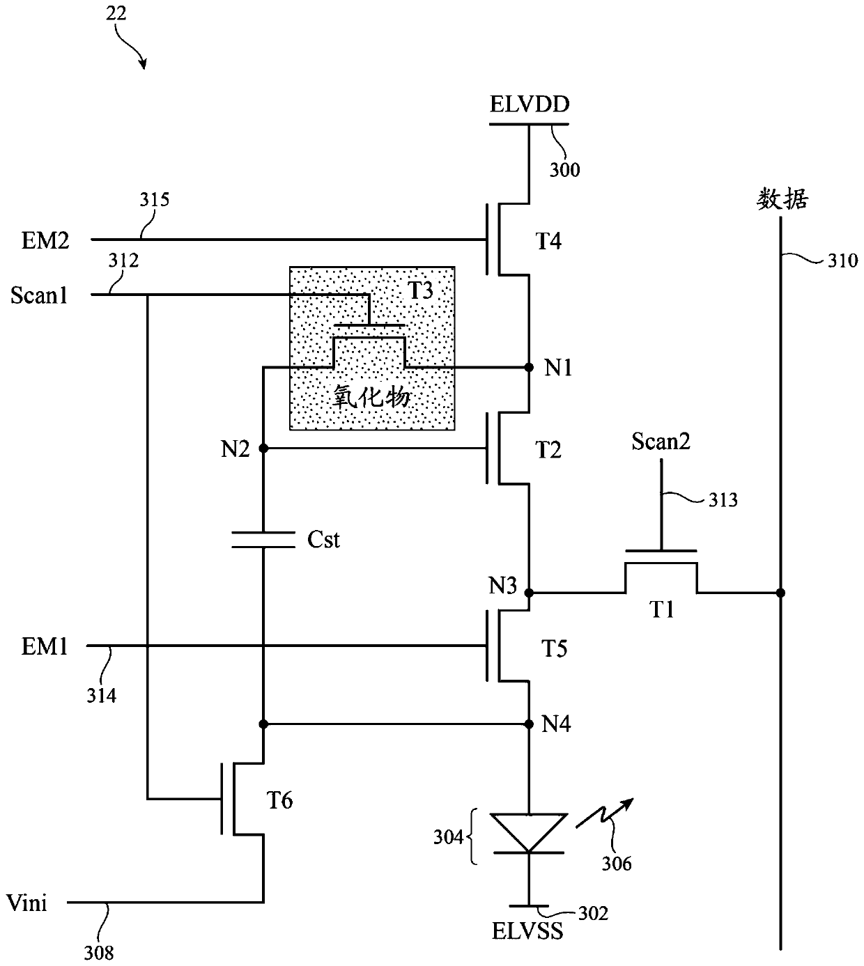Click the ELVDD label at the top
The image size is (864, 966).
point(530,104)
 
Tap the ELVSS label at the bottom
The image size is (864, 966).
point(527,930)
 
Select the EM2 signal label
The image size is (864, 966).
point(45,240)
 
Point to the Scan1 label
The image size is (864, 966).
point(39,295)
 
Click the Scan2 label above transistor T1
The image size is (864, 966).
point(661,441)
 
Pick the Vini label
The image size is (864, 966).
point(26,903)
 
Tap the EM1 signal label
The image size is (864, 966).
point(45,647)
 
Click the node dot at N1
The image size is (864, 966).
point(529,367)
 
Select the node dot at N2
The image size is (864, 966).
point(263,449)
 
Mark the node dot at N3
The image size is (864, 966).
point(529,593)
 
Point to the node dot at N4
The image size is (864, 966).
point(529,724)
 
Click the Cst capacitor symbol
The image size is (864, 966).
point(263,540)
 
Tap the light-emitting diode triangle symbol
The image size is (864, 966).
point(529,833)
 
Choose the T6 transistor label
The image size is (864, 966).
point(279,800)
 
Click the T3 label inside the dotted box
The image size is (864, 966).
point(420,290)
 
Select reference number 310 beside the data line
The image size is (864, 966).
point(842,260)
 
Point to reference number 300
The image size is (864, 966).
point(565,170)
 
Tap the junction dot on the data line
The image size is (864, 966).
point(780,593)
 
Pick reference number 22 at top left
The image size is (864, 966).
point(116,13)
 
